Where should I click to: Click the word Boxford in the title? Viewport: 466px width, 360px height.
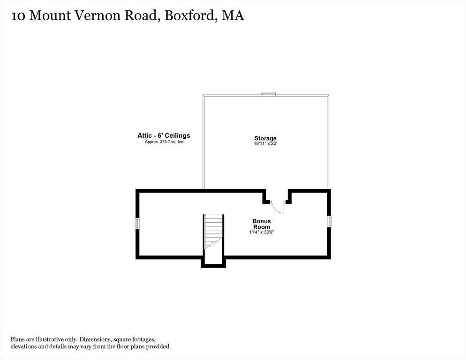190,16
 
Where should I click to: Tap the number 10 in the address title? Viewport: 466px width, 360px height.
18,16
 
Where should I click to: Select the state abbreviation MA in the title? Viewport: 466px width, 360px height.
233,16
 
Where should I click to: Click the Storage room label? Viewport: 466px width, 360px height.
265,138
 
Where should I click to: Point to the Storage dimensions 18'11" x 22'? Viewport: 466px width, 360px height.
265,144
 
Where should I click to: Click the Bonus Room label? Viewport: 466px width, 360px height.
262,224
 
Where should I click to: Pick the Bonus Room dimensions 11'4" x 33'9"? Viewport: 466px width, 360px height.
262,232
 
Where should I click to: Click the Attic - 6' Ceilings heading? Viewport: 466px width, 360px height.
164,135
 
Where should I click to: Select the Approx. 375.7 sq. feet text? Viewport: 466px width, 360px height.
165,142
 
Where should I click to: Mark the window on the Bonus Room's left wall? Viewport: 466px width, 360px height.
137,224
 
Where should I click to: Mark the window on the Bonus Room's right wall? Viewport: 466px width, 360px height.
330,222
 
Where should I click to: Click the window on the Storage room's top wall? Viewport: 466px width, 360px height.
268,94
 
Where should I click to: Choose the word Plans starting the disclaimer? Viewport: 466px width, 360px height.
18,339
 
